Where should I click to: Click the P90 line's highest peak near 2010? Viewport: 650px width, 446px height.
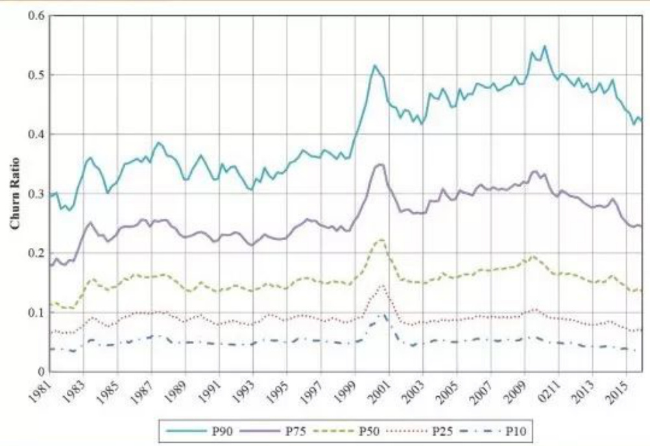coord(544,46)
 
